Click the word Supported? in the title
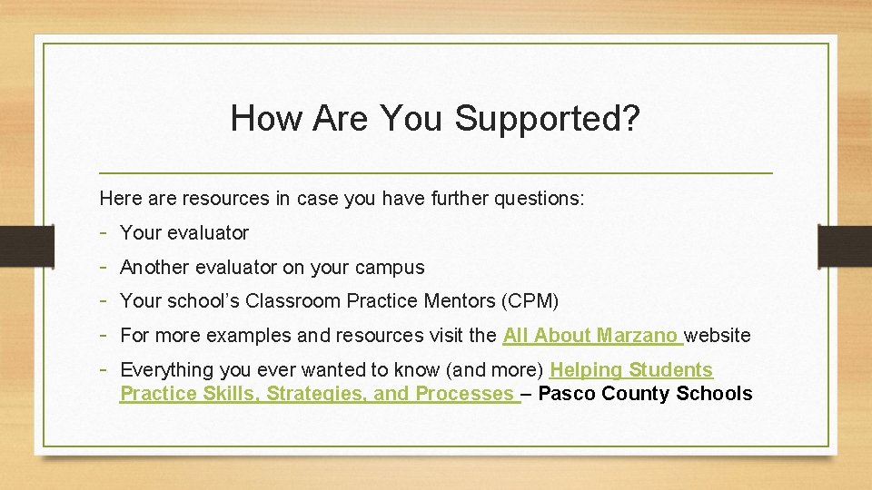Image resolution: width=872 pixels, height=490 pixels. (x=548, y=119)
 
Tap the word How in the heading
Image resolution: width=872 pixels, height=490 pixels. (x=262, y=118)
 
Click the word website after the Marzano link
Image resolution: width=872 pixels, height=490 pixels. (x=718, y=336)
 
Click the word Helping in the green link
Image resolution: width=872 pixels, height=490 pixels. (x=586, y=370)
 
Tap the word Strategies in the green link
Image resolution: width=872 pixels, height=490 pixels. (x=313, y=394)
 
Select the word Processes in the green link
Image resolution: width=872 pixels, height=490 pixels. (x=464, y=394)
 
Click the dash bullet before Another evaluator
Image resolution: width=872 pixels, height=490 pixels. (x=105, y=267)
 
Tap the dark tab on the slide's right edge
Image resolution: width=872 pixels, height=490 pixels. (x=845, y=245)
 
